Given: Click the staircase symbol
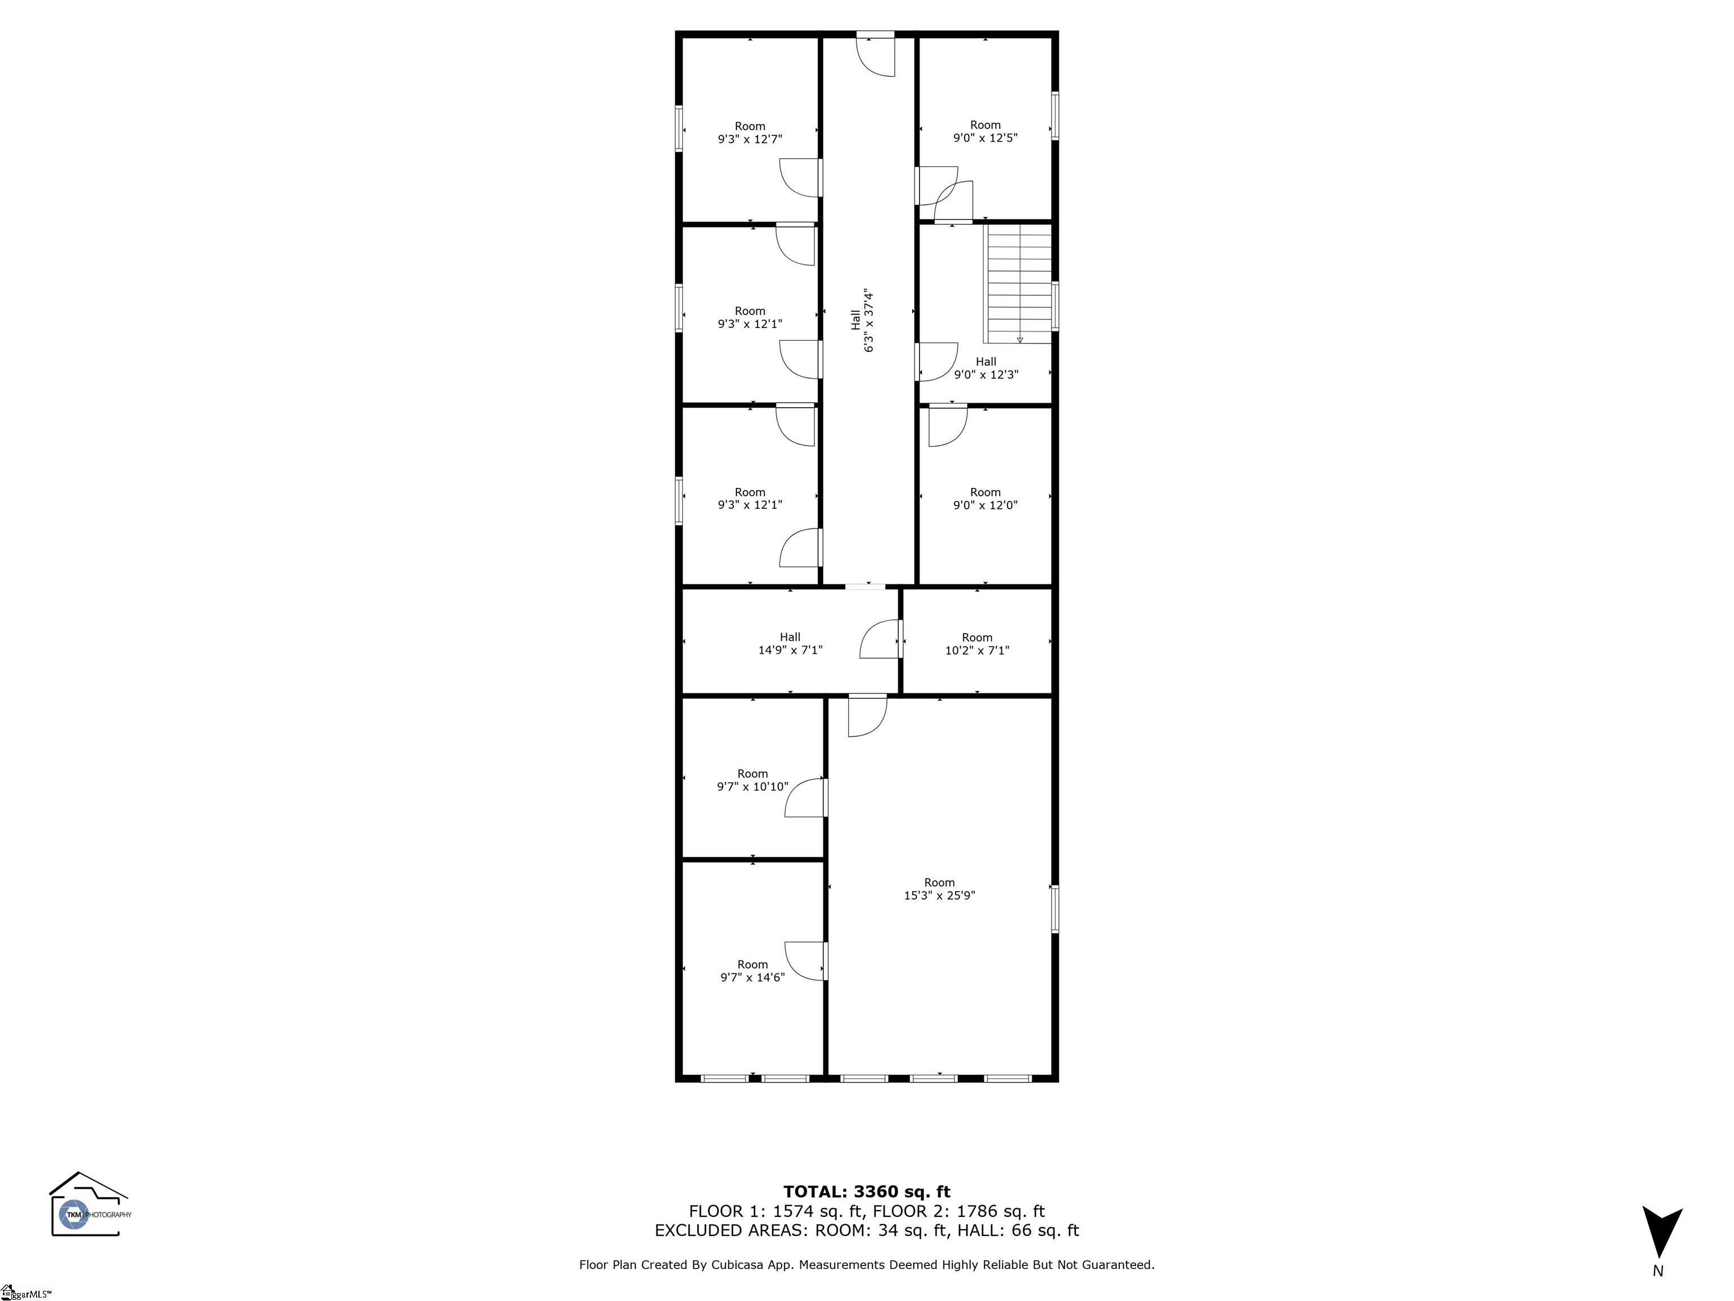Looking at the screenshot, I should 1018,285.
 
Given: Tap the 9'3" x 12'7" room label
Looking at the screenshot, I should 750,133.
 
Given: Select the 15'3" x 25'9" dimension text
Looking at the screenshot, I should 939,896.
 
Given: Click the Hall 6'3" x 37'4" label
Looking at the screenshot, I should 862,321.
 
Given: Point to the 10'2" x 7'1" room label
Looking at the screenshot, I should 977,644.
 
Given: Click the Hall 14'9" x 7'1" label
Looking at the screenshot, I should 790,644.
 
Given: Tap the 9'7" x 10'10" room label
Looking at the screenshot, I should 752,780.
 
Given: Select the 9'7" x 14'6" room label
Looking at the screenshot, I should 752,971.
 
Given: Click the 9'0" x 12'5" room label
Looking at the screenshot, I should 986,131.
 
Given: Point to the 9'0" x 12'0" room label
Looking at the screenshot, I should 986,499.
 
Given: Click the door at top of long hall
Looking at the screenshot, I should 875,55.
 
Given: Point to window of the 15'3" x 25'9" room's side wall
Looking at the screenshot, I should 1054,909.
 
